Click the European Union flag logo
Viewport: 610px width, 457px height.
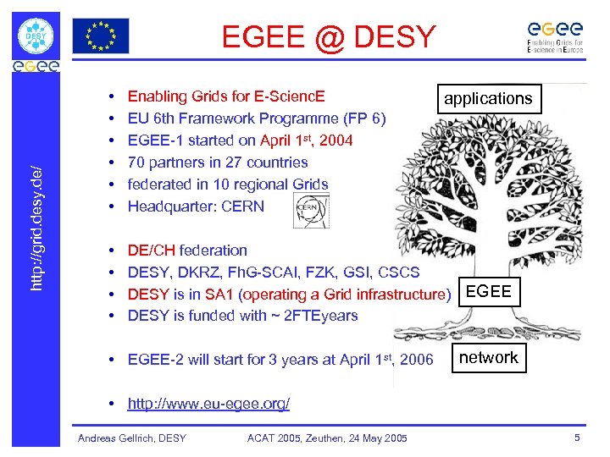[101, 36]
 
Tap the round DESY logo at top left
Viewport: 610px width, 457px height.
[36, 36]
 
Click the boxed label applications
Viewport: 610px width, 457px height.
[488, 99]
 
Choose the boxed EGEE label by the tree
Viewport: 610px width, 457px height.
[489, 291]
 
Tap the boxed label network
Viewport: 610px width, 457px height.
[488, 357]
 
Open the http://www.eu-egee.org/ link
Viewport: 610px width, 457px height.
[208, 403]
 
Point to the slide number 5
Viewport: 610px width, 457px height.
[577, 438]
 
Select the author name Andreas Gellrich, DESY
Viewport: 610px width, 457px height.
[132, 438]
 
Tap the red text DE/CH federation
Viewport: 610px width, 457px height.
[187, 250]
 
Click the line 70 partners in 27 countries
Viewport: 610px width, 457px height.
[218, 162]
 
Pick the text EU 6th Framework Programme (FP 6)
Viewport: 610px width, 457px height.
[257, 118]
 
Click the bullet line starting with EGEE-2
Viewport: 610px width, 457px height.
[280, 360]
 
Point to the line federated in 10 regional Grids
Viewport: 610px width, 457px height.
[228, 184]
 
